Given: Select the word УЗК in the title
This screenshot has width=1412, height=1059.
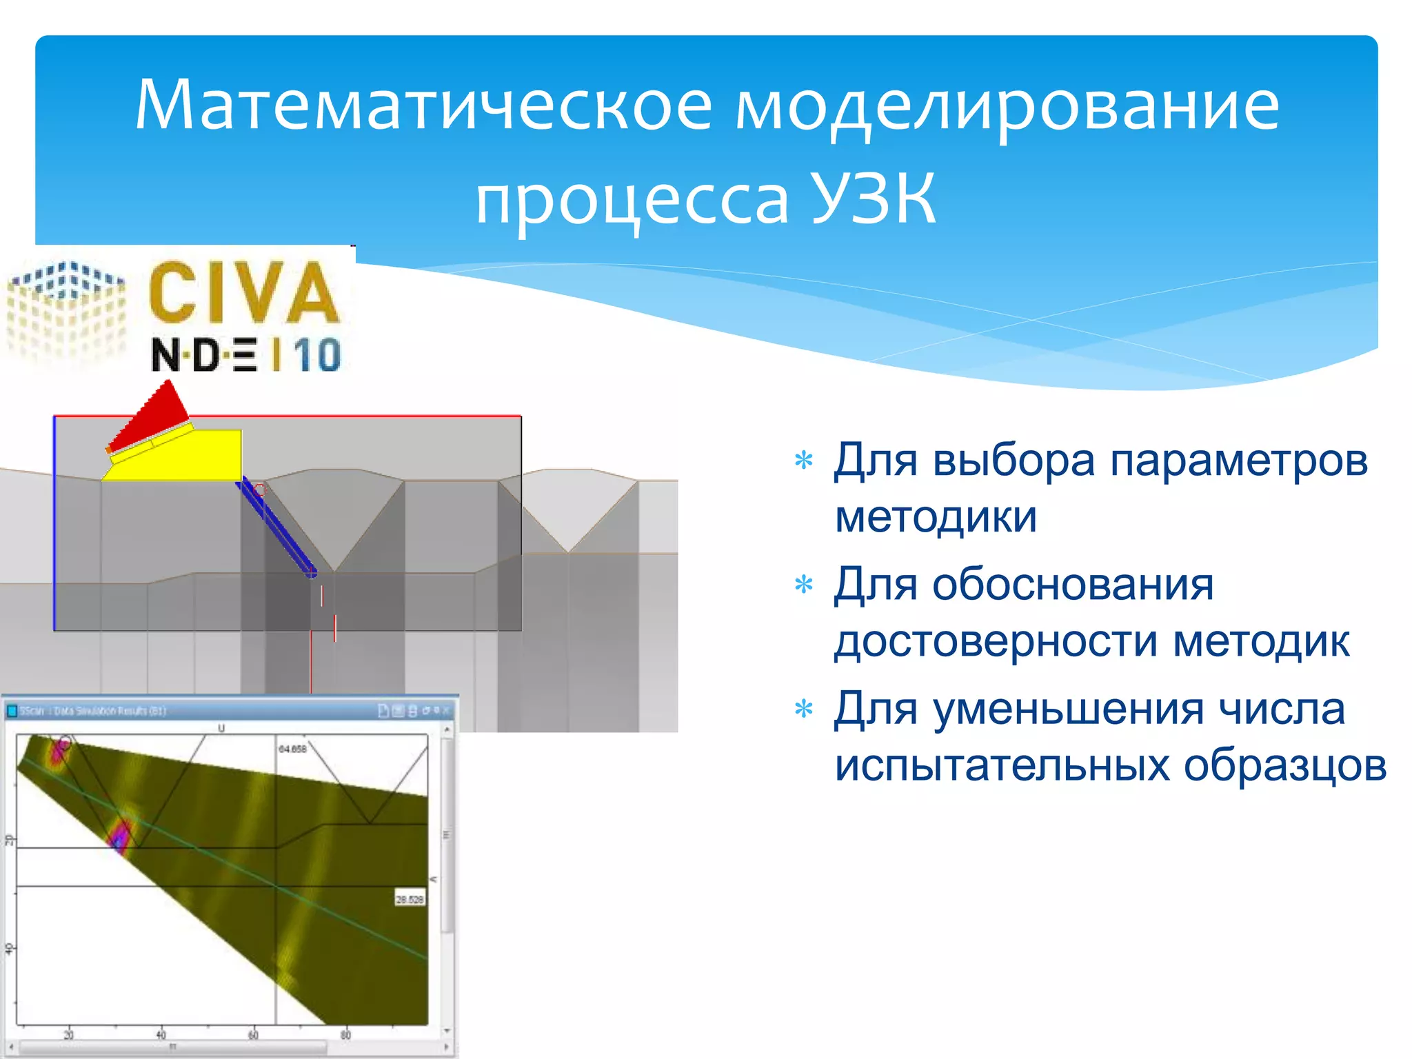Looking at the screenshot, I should tap(873, 200).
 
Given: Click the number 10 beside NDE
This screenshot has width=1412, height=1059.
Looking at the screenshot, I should tap(317, 356).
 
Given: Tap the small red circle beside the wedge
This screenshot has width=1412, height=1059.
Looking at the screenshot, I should tap(259, 490).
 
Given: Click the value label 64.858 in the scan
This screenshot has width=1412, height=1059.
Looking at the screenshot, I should tap(292, 749).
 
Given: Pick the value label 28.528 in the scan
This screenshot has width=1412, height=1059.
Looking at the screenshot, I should tap(410, 899).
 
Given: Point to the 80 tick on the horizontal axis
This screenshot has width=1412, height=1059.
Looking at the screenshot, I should tap(345, 1035).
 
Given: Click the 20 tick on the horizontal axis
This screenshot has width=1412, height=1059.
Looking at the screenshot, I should tap(68, 1035).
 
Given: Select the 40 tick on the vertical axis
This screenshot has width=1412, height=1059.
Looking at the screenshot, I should tap(9, 949).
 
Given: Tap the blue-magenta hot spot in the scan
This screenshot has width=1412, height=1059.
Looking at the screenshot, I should tap(121, 836).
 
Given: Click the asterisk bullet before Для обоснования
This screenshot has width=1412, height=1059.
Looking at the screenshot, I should tap(804, 585).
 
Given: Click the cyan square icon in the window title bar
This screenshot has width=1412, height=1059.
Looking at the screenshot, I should tap(12, 711).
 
